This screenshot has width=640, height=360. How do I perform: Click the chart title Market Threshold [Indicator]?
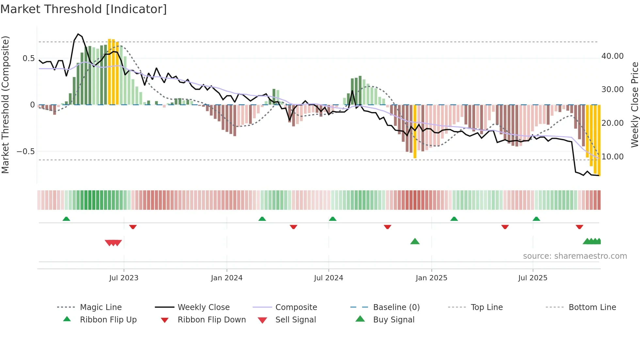point(84,9)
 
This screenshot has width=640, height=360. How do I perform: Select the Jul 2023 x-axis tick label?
point(124,278)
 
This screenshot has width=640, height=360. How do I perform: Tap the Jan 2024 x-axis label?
point(227,278)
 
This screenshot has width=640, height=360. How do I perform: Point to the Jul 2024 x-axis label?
point(328,278)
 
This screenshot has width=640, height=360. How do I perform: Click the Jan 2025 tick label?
point(431,278)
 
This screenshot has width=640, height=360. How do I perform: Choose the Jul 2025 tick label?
point(533,278)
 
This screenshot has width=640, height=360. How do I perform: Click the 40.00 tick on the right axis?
point(612,56)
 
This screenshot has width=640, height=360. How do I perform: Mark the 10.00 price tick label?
point(612,157)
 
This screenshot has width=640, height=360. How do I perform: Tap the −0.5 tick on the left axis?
point(26,152)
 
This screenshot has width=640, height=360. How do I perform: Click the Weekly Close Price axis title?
point(634,105)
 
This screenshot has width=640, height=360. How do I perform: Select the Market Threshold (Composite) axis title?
point(5,105)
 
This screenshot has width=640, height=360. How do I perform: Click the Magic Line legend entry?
point(101,307)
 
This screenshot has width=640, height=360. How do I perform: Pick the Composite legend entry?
point(296,307)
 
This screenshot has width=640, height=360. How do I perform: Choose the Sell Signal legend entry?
point(296,320)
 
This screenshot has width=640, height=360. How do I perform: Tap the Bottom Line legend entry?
point(592,307)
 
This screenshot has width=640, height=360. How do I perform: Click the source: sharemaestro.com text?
point(575,256)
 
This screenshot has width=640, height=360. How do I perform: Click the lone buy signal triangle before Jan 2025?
point(415,242)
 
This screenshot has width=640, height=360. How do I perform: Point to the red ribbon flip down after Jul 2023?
point(133,227)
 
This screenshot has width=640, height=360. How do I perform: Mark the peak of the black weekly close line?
point(78,34)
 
